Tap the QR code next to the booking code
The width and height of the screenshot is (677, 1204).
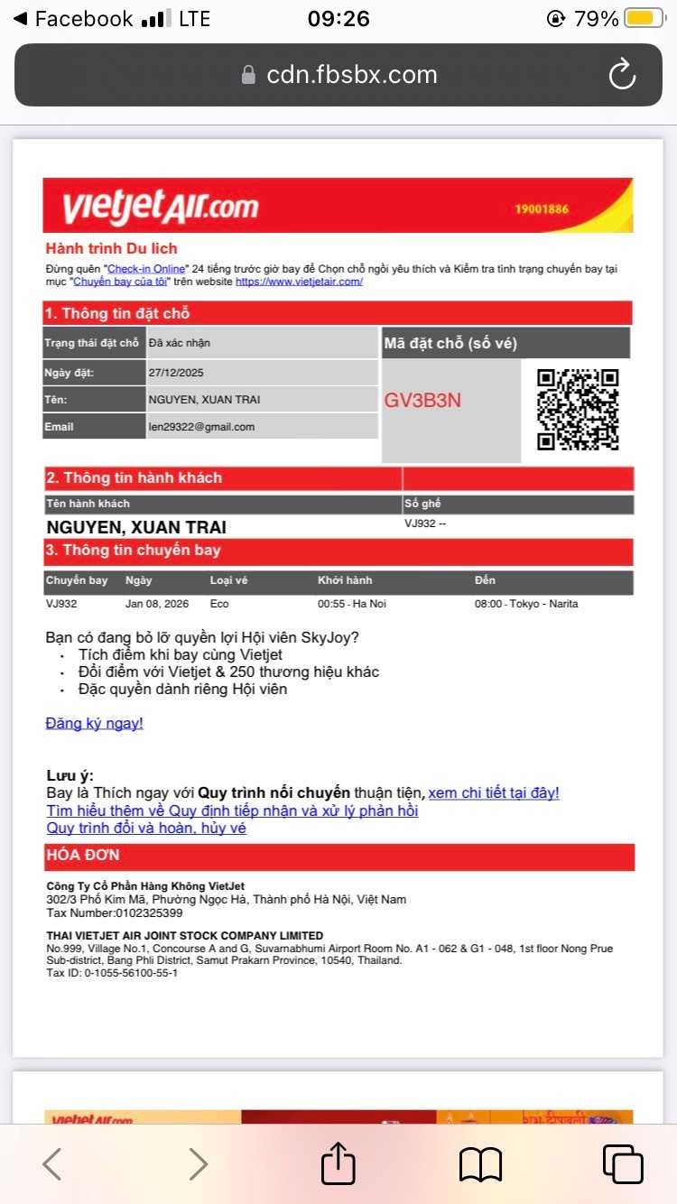[578, 409]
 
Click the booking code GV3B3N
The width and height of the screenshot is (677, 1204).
[422, 400]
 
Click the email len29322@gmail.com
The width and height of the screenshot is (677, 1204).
[201, 427]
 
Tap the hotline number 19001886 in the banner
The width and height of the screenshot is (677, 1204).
[542, 209]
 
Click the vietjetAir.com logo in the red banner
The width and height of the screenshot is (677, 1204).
[160, 207]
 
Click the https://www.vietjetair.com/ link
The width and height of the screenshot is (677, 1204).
[299, 282]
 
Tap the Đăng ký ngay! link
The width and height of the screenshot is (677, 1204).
[94, 723]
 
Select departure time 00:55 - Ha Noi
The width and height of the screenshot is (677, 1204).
[351, 604]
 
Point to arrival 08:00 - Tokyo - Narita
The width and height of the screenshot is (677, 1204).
[526, 604]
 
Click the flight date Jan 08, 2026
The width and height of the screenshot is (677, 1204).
[157, 604]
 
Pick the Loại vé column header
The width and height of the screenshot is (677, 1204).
[228, 580]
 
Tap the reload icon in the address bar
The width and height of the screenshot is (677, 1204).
[622, 75]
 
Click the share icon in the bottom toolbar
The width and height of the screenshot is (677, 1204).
[338, 1163]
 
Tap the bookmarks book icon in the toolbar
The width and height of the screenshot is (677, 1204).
[480, 1164]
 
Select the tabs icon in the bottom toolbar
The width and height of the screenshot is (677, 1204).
[623, 1163]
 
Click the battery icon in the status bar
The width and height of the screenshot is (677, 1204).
[644, 19]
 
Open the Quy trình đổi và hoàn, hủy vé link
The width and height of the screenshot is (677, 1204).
[146, 828]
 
